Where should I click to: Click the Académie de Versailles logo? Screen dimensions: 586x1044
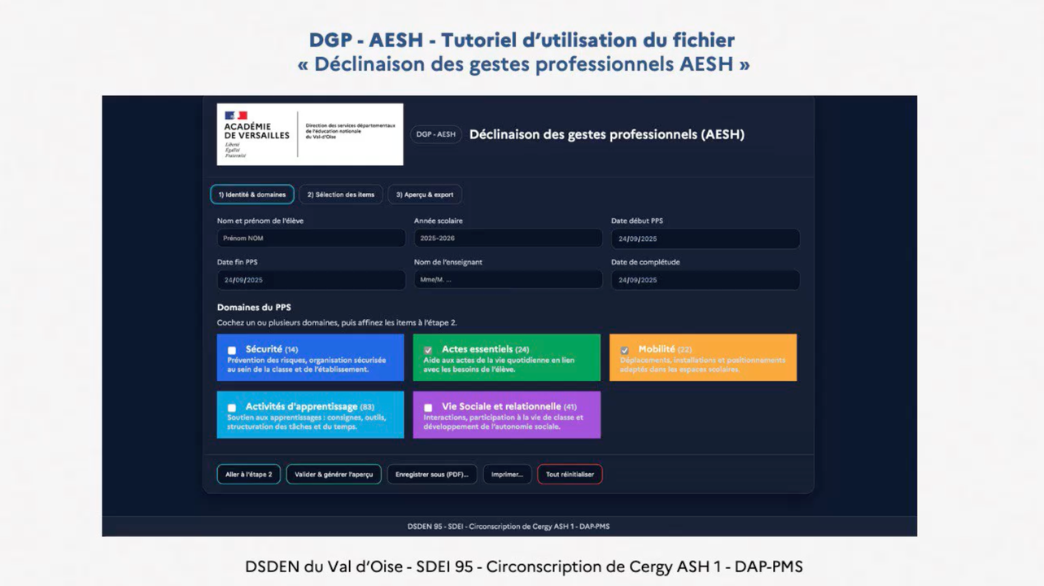309,134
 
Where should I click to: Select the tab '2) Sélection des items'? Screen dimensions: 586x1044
340,195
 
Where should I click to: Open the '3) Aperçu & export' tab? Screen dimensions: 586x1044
425,195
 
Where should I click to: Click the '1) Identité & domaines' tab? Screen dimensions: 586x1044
252,195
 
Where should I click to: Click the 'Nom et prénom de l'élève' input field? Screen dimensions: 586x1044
311,238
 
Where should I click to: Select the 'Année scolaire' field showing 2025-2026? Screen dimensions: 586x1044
508,238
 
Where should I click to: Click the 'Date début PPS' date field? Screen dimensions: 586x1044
705,238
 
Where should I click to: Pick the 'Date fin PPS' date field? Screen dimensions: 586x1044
311,280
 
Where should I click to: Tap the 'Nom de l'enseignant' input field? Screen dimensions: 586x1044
508,280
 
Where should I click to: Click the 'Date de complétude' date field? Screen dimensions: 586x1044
705,280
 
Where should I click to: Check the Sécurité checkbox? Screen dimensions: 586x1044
232,351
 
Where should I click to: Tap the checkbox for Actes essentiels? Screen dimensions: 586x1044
428,351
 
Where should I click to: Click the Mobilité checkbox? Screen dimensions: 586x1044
624,351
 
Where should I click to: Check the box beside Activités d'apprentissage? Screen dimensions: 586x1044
232,408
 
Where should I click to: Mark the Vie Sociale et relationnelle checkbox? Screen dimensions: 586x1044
428,408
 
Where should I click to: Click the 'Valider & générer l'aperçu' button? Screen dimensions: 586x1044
334,474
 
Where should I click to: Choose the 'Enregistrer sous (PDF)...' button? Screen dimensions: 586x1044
431,474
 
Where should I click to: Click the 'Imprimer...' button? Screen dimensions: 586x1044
507,474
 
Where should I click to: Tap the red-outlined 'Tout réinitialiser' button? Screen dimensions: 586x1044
570,474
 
